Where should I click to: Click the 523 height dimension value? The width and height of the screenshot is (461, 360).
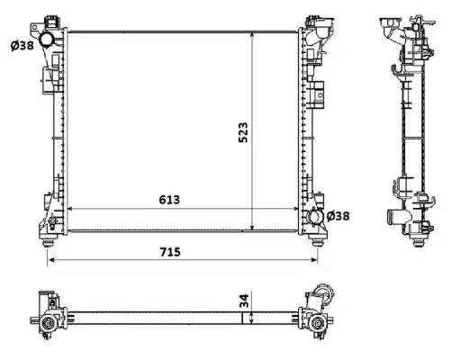coord(243,132)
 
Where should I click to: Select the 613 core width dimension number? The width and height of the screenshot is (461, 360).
coord(169,200)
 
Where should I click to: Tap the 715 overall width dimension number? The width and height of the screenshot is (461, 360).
coord(170,252)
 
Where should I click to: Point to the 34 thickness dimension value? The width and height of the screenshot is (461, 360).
coord(245,301)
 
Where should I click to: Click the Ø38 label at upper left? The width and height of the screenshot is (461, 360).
coord(23,46)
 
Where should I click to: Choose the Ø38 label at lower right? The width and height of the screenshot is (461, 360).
coord(338,216)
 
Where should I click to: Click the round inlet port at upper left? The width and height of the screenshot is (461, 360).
coord(47,40)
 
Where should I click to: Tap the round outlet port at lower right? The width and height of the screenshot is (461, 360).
coord(316,217)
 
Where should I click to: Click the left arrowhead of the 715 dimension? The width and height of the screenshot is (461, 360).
coord(51,259)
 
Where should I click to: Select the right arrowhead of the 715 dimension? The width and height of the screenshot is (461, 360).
coord(314,259)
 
